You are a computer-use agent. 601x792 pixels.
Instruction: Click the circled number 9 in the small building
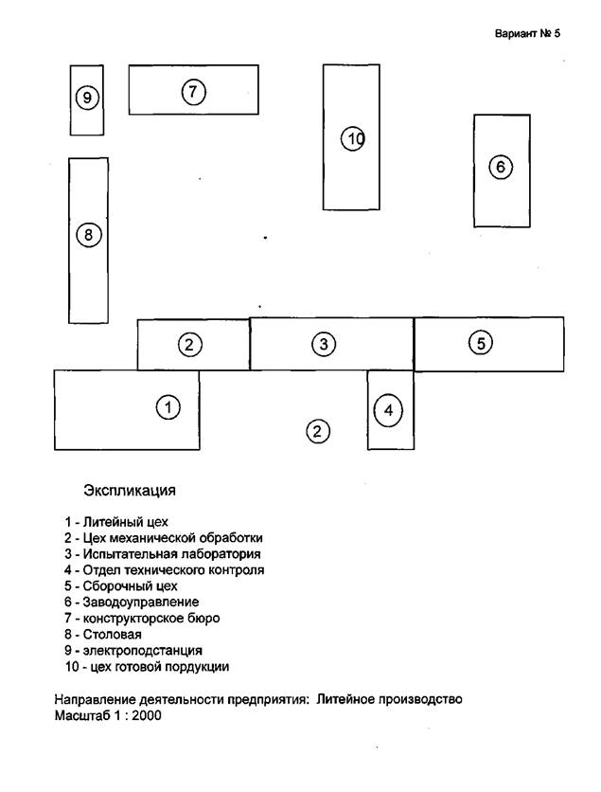(87, 97)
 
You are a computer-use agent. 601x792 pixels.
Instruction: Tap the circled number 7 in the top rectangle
(193, 92)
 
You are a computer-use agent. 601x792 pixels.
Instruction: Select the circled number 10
(353, 138)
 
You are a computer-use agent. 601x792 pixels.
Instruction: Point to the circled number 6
(501, 167)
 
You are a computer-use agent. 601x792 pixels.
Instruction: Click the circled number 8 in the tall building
(89, 235)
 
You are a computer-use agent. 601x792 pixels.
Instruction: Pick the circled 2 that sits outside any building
(317, 431)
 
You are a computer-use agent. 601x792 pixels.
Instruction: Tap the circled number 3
(324, 345)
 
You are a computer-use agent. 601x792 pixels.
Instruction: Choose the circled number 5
(481, 344)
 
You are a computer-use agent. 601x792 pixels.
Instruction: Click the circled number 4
(388, 410)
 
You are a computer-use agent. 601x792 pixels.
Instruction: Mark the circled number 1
(168, 407)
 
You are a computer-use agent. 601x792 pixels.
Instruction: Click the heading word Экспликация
(130, 491)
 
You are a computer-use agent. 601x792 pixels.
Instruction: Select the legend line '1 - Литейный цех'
(116, 522)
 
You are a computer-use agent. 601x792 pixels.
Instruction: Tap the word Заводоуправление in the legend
(141, 603)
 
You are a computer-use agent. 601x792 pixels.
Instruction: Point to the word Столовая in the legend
(112, 635)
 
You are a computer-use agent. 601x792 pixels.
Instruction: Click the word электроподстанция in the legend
(142, 651)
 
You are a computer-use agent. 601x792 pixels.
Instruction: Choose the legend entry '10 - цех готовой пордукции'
(147, 667)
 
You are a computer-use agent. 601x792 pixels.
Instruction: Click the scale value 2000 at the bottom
(147, 715)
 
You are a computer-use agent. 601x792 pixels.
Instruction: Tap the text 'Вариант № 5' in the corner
(527, 34)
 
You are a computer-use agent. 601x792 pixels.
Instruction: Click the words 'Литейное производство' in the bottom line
(389, 699)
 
